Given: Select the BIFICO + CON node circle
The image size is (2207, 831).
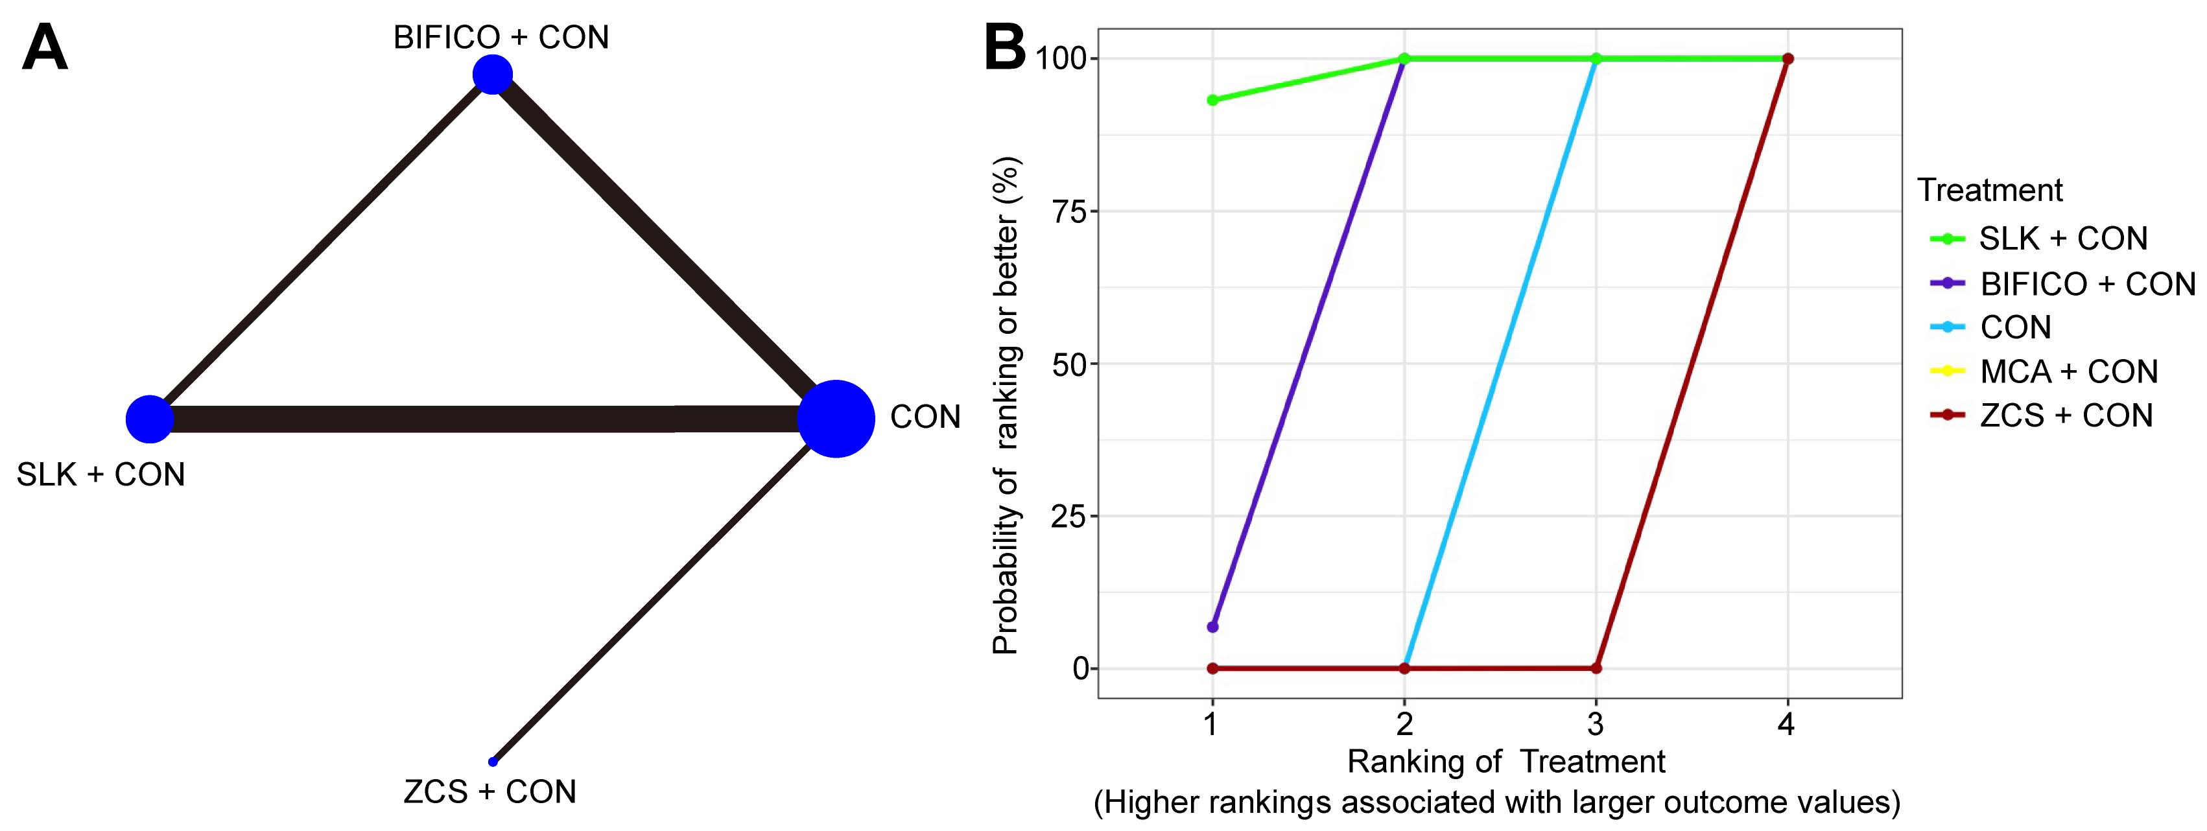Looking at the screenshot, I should (493, 75).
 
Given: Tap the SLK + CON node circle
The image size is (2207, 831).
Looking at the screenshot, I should (150, 419).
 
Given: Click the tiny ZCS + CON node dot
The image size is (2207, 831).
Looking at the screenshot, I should (493, 761).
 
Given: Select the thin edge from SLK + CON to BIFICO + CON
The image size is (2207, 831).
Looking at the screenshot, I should (322, 247).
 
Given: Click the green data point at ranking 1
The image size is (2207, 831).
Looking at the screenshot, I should (1212, 100).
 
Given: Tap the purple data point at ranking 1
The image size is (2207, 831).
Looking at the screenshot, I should (1212, 627).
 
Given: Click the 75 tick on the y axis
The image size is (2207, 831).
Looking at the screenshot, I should (1068, 211).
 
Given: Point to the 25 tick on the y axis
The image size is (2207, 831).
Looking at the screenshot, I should (1068, 517).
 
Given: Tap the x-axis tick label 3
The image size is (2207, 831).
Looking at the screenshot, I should (1595, 725).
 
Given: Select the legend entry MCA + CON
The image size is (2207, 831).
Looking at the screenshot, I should (2068, 371).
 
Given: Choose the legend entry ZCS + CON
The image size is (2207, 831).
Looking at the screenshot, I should (2066, 415).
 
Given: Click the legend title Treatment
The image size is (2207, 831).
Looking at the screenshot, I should (1989, 190).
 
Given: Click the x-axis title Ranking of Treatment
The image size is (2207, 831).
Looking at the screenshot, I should (1505, 761).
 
